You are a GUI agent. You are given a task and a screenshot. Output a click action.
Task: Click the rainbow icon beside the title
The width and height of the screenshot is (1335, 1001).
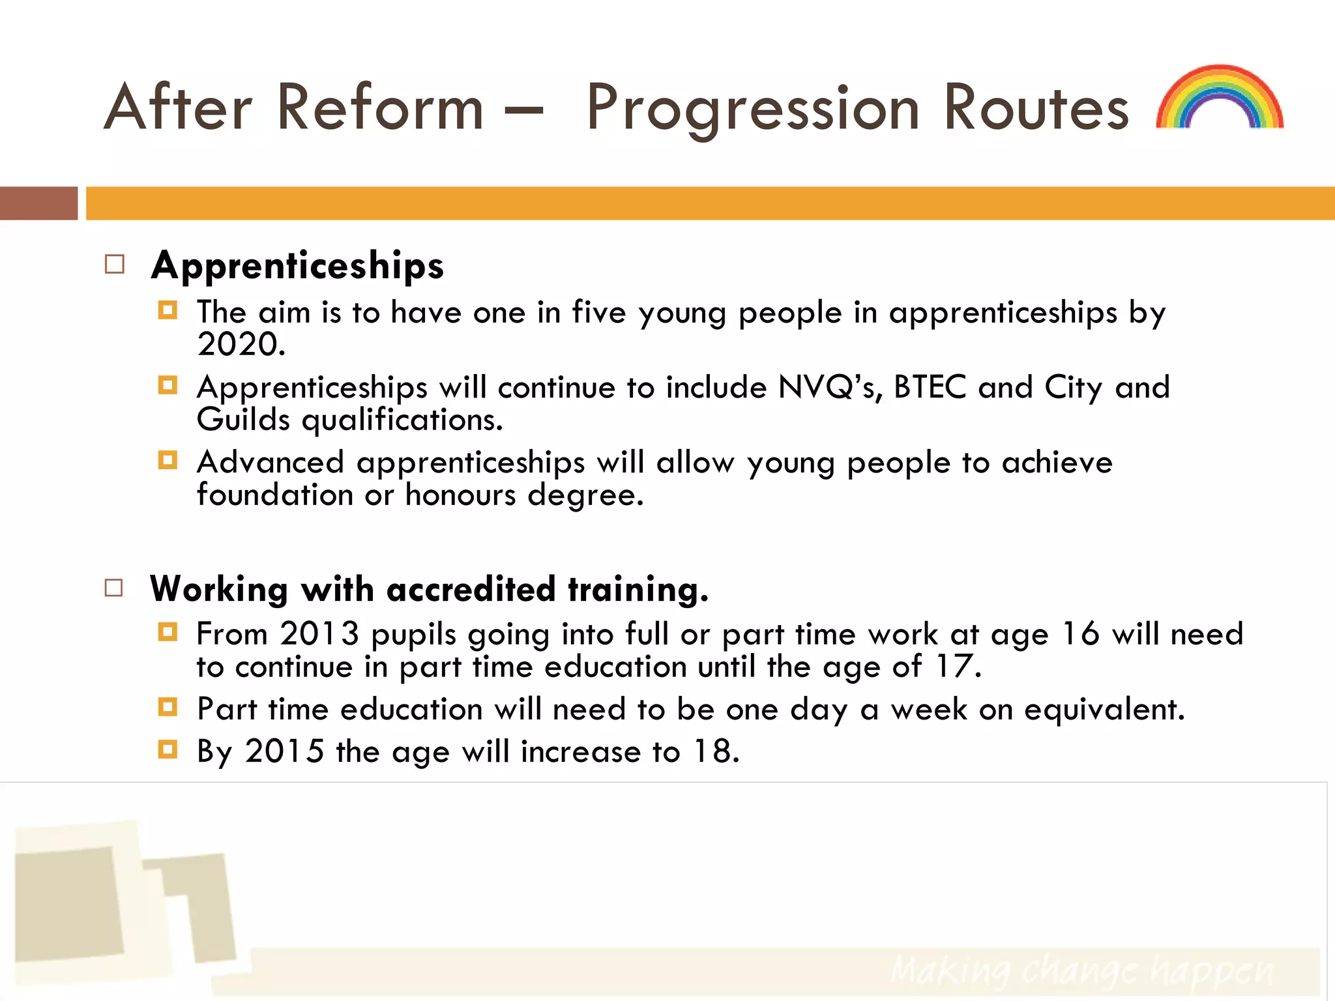pyautogui.click(x=1220, y=98)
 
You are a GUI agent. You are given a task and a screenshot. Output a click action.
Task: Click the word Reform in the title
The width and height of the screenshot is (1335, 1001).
pyautogui.click(x=380, y=108)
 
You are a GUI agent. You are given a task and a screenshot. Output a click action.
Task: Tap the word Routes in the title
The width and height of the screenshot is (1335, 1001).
pyautogui.click(x=1036, y=108)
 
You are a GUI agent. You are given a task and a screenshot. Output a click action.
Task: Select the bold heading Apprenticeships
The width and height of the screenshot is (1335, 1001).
pyautogui.click(x=297, y=265)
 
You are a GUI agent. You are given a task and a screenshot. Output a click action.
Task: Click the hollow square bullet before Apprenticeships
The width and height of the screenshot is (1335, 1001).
pyautogui.click(x=115, y=265)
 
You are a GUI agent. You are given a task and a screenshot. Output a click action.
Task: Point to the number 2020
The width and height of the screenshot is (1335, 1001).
pyautogui.click(x=241, y=345)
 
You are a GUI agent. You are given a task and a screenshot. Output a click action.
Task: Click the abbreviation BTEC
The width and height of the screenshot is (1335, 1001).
pyautogui.click(x=930, y=387)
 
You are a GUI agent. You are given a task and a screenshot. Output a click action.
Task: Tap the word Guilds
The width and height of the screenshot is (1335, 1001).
pyautogui.click(x=243, y=420)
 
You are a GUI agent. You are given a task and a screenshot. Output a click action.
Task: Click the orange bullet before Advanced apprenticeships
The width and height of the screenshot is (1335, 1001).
pyautogui.click(x=168, y=461)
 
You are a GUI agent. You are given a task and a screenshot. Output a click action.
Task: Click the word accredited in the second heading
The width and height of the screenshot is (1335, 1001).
pyautogui.click(x=471, y=589)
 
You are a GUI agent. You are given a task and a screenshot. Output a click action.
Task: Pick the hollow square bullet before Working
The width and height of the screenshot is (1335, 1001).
pyautogui.click(x=114, y=588)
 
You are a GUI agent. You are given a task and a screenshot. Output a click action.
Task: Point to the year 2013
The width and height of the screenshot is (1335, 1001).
pyautogui.click(x=319, y=634)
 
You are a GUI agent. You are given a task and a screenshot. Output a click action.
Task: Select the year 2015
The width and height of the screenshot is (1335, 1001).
pyautogui.click(x=284, y=751)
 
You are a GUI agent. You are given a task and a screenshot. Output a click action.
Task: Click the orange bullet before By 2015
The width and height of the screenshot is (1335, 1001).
pyautogui.click(x=168, y=749)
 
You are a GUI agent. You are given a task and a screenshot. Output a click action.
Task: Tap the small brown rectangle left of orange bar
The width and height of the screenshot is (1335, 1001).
pyautogui.click(x=38, y=203)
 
